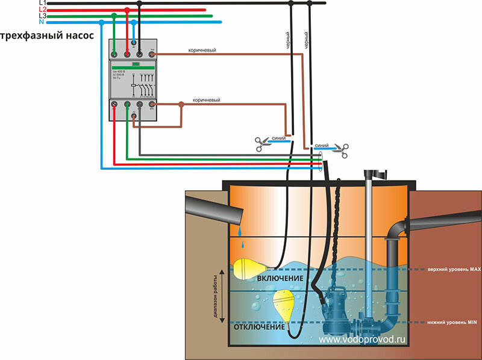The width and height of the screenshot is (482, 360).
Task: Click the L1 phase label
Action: (42, 3)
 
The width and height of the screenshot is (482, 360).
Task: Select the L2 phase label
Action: (42, 10)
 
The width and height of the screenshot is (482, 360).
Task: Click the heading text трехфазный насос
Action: (47, 36)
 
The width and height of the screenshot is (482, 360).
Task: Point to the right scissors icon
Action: (342, 150)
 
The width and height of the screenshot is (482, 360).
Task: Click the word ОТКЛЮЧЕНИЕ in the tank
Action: (259, 329)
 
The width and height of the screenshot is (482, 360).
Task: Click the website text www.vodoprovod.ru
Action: (363, 340)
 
